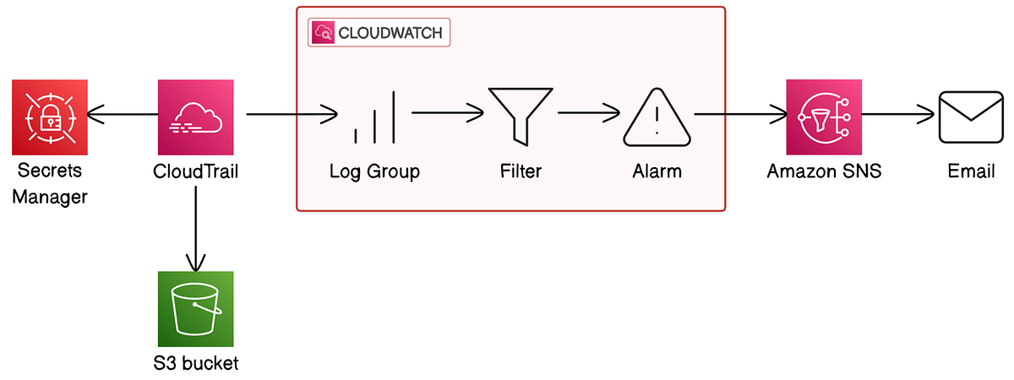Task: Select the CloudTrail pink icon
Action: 195,117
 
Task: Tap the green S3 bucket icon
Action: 195,309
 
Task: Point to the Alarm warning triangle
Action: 657,117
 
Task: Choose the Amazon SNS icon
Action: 824,117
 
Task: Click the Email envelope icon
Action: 970,117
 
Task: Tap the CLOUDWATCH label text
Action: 390,33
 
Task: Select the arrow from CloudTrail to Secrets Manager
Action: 123,117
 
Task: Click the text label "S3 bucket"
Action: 196,364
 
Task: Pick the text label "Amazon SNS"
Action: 824,171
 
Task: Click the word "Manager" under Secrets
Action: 51,198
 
